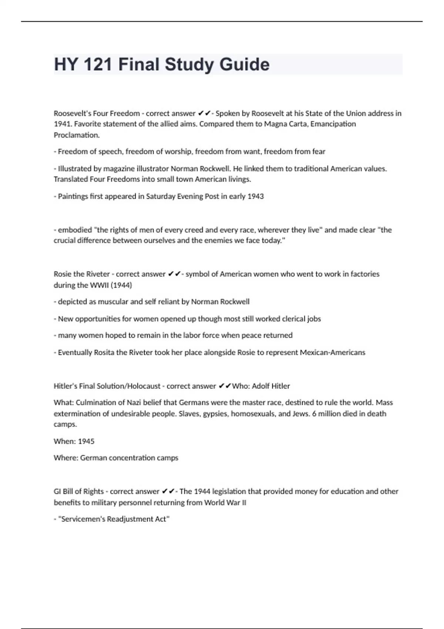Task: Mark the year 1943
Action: (x=255, y=196)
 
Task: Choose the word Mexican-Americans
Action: (x=332, y=352)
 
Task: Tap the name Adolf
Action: (x=261, y=386)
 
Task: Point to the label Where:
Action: (x=66, y=458)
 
